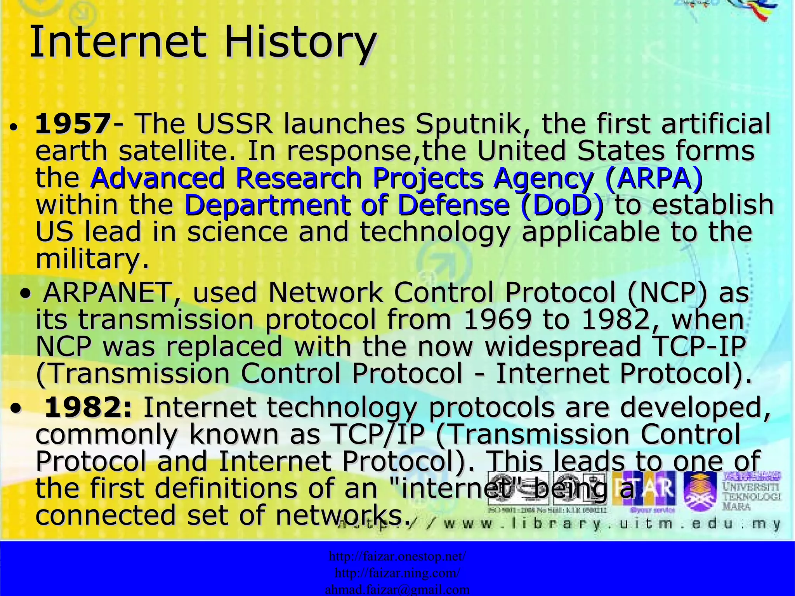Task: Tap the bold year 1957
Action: coord(73,124)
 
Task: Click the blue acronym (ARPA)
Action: coord(654,178)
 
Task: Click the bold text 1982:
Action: coord(89,408)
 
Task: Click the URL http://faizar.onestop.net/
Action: coord(397,556)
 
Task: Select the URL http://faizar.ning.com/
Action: coord(397,573)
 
